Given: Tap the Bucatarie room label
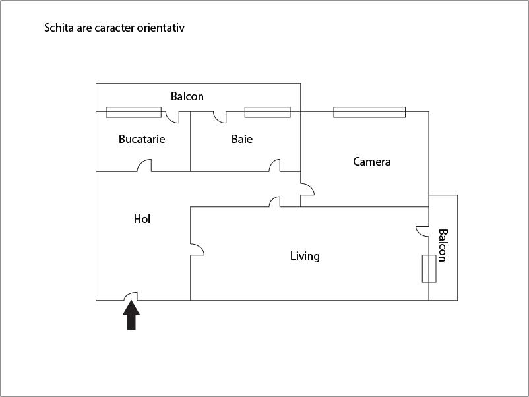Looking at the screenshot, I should coord(142,139).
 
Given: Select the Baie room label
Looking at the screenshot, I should coord(242,139).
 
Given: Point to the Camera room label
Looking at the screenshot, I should coord(372,162).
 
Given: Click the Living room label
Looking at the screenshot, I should coord(305,256).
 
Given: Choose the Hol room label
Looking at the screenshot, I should coord(142,219).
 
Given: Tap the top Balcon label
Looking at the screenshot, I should coord(187,96).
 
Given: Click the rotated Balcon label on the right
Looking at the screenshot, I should coord(443,245).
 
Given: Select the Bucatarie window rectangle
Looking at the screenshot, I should coord(133,112).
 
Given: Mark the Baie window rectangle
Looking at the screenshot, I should coord(267,112).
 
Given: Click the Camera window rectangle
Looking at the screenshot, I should coord(369,112).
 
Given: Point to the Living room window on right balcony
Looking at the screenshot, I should coord(429,268).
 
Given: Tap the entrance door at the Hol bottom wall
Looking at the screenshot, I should coord(131,296).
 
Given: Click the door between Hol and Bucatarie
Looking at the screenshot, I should coord(144,166).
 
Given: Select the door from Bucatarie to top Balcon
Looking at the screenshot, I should coord(172,117).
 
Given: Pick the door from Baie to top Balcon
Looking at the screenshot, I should coord(220,117).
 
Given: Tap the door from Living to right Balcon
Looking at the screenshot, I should coord(423,231).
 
